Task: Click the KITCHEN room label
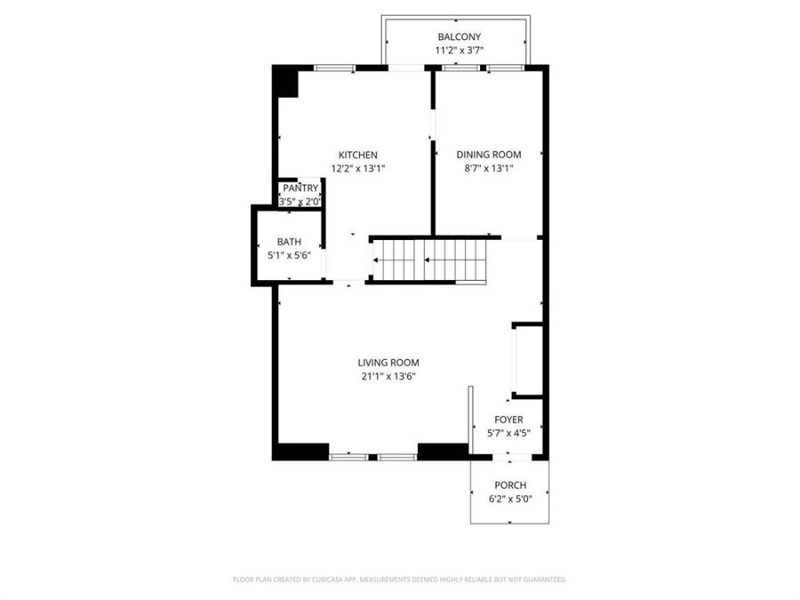pyautogui.click(x=358, y=155)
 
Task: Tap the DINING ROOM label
pyautogui.click(x=489, y=155)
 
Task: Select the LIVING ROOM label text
pyautogui.click(x=388, y=363)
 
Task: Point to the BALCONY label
pyautogui.click(x=460, y=36)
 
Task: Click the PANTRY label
pyautogui.click(x=300, y=188)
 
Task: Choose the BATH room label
pyautogui.click(x=289, y=242)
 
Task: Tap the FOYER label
pyautogui.click(x=508, y=420)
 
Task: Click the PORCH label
pyautogui.click(x=510, y=485)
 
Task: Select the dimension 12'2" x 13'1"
pyautogui.click(x=357, y=169)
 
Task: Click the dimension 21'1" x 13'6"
pyautogui.click(x=388, y=377)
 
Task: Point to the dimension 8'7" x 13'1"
pyautogui.click(x=489, y=168)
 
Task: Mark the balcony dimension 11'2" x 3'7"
pyautogui.click(x=460, y=51)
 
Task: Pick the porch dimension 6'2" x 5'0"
pyautogui.click(x=510, y=499)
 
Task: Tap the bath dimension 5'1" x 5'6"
pyautogui.click(x=289, y=256)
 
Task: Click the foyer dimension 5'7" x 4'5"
pyautogui.click(x=508, y=433)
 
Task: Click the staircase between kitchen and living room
pyautogui.click(x=429, y=260)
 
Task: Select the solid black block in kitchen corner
pyautogui.click(x=287, y=83)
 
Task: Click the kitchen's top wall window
pyautogui.click(x=334, y=68)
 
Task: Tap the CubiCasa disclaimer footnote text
pyautogui.click(x=400, y=580)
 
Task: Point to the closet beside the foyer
pyautogui.click(x=527, y=360)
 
